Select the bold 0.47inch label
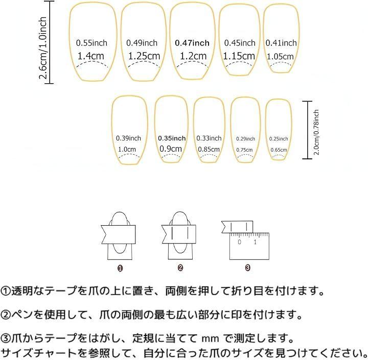[x=192, y=43]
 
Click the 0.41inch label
[x=281, y=43]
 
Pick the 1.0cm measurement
[x=127, y=149]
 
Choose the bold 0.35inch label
[x=172, y=138]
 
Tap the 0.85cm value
[x=209, y=149]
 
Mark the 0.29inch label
[x=245, y=139]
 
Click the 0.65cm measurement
[x=279, y=150]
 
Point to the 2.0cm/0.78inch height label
[x=317, y=132]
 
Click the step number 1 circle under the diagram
[x=121, y=267]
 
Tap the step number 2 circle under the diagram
[x=180, y=267]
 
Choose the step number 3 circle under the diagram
[x=247, y=267]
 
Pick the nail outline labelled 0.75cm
[x=245, y=129]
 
